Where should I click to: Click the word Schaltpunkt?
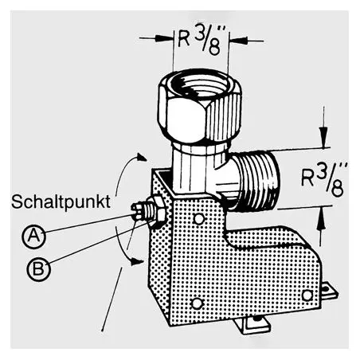tap(61, 202)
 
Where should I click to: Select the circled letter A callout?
tap(33, 236)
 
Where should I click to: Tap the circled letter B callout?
tap(38, 269)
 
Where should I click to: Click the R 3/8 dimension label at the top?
tap(200, 41)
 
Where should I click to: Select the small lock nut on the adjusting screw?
tap(157, 211)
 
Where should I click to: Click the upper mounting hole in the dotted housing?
tap(198, 218)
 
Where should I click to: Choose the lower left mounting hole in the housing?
tap(197, 303)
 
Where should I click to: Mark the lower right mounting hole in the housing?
tap(307, 295)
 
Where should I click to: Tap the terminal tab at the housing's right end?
tap(330, 292)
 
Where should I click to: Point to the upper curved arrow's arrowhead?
tap(141, 157)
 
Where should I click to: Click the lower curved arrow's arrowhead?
tap(137, 261)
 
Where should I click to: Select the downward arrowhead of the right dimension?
tap(323, 137)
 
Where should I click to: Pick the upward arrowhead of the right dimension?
tap(322, 218)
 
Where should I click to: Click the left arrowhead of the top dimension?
tap(164, 38)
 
